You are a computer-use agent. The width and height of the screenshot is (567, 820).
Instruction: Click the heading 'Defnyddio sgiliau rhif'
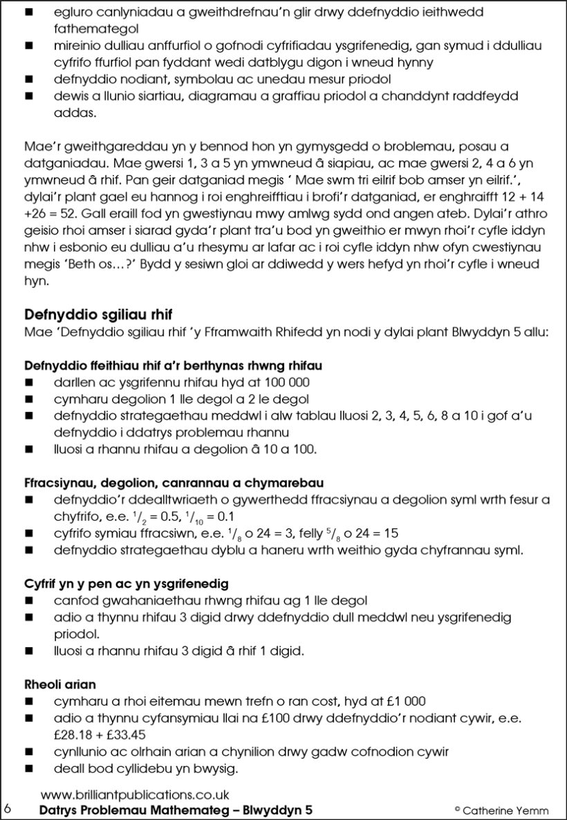pyautogui.click(x=98, y=316)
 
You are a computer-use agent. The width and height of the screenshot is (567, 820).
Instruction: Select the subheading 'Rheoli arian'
pyautogui.click(x=59, y=684)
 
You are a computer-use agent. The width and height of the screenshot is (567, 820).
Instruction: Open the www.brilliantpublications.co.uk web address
pyautogui.click(x=135, y=795)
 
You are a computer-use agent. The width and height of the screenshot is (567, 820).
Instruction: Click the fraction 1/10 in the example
pyautogui.click(x=212, y=517)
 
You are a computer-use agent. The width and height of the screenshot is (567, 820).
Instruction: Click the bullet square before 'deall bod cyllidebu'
pyautogui.click(x=29, y=768)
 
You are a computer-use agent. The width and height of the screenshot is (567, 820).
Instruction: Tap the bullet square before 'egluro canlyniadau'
pyautogui.click(x=29, y=13)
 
